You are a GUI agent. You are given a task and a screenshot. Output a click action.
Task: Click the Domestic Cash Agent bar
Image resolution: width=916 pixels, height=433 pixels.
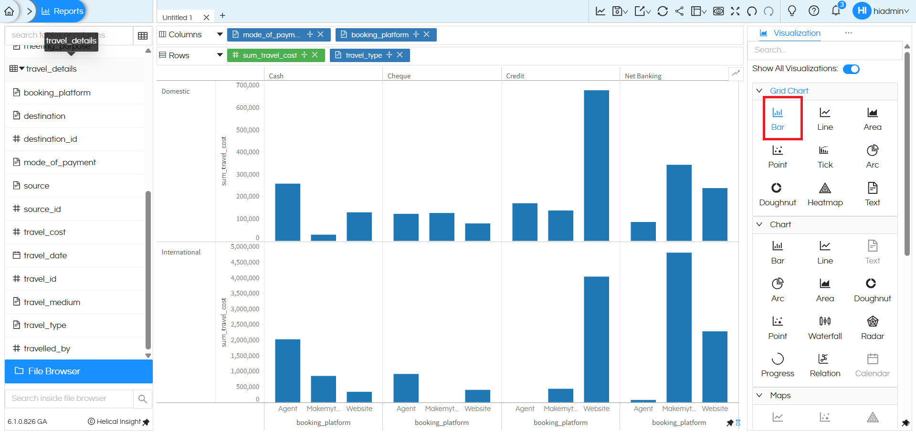click(287, 212)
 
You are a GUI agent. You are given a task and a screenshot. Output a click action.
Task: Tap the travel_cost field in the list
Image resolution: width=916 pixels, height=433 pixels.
click(44, 232)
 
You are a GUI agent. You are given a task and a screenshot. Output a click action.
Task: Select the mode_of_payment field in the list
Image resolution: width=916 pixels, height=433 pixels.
click(60, 162)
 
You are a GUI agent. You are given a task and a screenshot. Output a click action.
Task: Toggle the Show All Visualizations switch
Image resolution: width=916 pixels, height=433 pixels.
click(851, 69)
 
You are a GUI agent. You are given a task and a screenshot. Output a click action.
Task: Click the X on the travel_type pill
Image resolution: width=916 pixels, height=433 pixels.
click(400, 55)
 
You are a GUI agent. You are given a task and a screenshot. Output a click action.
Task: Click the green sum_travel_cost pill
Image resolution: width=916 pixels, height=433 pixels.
click(269, 55)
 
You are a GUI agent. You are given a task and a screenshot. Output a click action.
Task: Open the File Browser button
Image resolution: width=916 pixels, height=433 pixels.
click(79, 371)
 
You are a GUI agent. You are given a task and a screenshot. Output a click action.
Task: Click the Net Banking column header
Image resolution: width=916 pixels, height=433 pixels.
click(642, 76)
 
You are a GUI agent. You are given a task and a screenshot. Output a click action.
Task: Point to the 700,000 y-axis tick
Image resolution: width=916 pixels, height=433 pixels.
click(247, 85)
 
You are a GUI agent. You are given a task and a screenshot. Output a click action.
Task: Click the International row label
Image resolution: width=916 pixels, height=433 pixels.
click(181, 252)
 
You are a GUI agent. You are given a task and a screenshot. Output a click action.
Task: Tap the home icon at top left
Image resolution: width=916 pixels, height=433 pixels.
click(9, 11)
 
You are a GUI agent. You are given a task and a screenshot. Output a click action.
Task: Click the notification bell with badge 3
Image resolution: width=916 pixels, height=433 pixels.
click(836, 11)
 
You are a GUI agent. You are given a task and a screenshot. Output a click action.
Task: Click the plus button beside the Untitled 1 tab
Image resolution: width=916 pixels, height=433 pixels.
click(222, 16)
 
